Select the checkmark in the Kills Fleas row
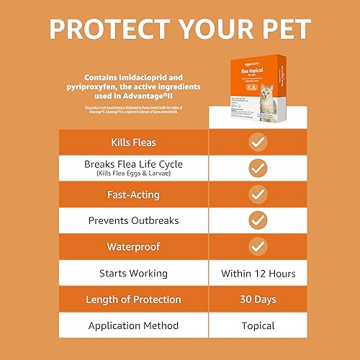[258, 141]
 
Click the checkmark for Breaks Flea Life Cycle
[258, 168]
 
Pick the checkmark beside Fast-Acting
[258, 194]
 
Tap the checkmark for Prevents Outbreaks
[258, 220]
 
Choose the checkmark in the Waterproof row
[258, 247]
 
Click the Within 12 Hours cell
[258, 273]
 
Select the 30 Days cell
[258, 300]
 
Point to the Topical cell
[258, 325]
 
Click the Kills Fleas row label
[133, 141]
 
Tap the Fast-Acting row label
[133, 194]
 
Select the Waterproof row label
[133, 247]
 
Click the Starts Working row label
[133, 273]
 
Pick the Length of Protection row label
[133, 300]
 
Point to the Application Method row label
[133, 325]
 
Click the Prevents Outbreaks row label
[133, 220]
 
